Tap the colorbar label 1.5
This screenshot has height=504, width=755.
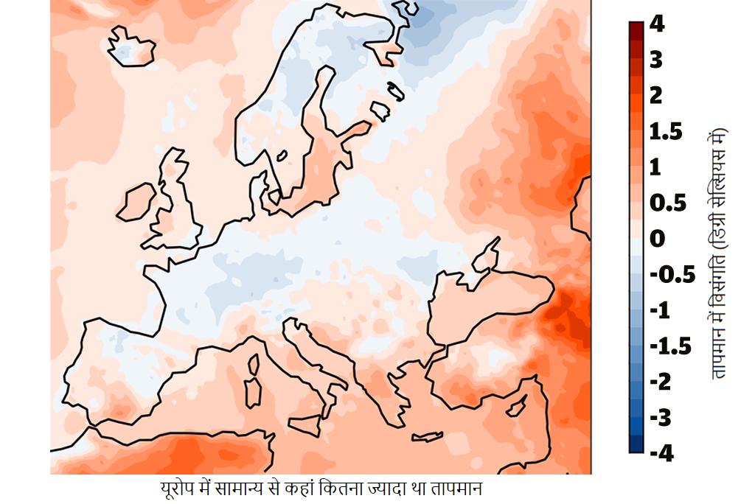[666, 132]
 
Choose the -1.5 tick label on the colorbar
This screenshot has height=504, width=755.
[669, 346]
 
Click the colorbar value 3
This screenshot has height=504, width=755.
[656, 60]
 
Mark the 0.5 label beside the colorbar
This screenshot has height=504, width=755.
[667, 203]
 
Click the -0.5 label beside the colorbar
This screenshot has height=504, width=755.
[672, 275]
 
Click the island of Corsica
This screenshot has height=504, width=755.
[255, 364]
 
